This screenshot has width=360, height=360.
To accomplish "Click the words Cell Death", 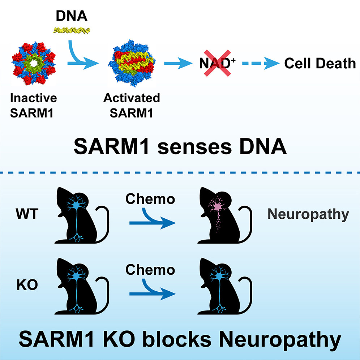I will [x=320, y=64].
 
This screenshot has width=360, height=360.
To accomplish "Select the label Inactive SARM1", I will [x=34, y=106].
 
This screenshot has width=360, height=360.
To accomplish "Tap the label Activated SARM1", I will [x=132, y=106].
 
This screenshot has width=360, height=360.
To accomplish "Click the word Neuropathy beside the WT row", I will [x=308, y=214].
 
